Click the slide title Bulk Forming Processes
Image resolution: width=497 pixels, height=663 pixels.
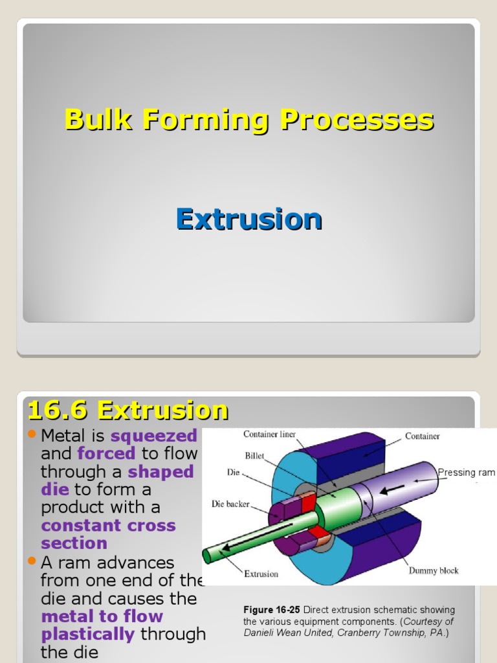click(x=249, y=120)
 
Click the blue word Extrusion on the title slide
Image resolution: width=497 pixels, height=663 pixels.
click(x=249, y=219)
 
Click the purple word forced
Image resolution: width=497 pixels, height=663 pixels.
click(x=106, y=454)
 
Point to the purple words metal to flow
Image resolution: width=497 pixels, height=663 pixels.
click(x=102, y=616)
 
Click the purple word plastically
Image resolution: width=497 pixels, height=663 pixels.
click(x=88, y=634)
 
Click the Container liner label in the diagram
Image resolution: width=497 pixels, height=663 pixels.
click(x=269, y=434)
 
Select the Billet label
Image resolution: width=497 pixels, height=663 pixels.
click(x=254, y=456)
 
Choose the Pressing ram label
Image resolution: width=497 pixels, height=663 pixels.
click(x=466, y=473)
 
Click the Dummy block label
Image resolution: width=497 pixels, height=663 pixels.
click(x=433, y=570)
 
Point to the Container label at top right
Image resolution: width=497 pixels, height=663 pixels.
click(x=423, y=436)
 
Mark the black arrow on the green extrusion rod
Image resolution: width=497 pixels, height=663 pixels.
click(x=227, y=547)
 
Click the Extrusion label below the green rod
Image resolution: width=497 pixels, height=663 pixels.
click(x=261, y=574)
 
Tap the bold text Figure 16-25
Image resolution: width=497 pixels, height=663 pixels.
click(x=272, y=610)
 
